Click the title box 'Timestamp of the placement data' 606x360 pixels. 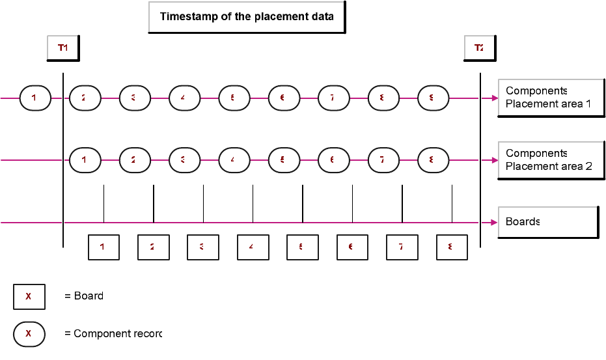247,17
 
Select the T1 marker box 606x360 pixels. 63,48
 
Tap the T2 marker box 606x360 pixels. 479,48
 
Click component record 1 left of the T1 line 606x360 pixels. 35,98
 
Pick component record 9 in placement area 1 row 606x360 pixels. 433,98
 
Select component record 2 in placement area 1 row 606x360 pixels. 85,98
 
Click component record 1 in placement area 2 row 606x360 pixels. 85,160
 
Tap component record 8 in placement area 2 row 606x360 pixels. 433,160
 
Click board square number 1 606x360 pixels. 103,247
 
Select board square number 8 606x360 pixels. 452,247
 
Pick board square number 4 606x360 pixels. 253,247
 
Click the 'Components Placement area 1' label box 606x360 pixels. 551,98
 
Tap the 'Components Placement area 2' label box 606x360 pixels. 551,159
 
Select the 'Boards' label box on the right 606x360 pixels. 547,222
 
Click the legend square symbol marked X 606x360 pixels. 29,296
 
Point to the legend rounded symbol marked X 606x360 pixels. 29,334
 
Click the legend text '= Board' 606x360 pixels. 84,296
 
